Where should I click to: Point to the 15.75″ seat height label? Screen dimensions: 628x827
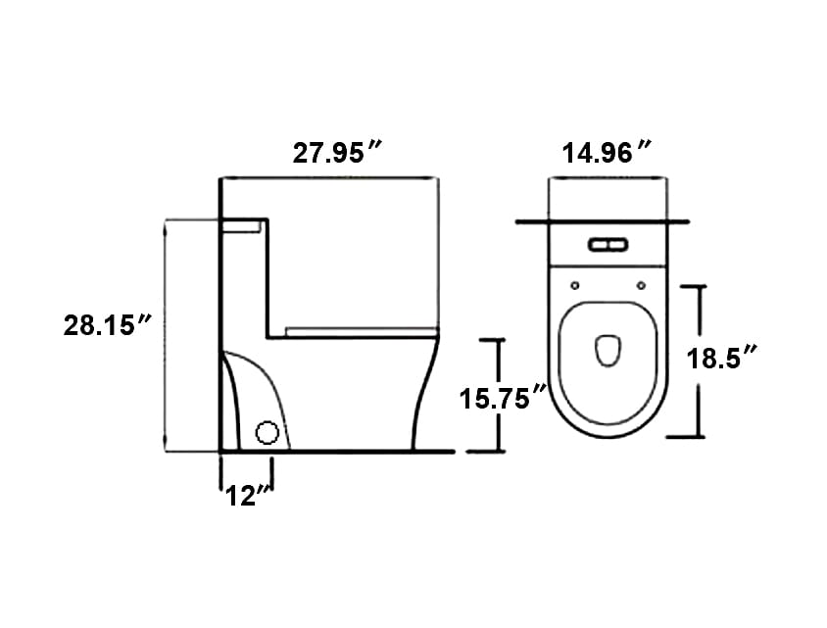click(503, 398)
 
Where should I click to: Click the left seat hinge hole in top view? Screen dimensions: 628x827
click(574, 285)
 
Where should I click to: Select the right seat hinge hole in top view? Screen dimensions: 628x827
click(640, 285)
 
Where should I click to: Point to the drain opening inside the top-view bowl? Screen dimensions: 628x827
click(608, 351)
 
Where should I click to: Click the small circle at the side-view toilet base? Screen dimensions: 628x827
click(267, 433)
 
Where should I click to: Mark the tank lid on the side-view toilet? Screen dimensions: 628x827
click(243, 224)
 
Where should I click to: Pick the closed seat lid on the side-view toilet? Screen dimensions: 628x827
click(361, 331)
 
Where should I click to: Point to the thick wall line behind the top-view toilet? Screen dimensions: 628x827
click(608, 223)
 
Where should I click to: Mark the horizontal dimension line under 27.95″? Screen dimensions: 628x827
click(328, 177)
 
